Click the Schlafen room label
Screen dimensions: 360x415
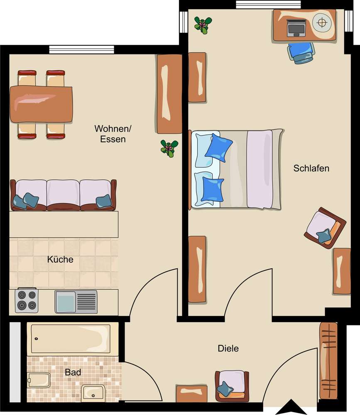(x=311, y=168)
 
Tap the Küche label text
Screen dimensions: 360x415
(x=60, y=259)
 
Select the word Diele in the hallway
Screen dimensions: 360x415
(x=228, y=348)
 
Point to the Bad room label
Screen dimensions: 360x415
(x=73, y=372)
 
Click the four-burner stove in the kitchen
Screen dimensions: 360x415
(x=27, y=300)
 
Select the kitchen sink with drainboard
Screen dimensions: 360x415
(x=76, y=302)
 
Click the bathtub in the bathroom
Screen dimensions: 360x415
(x=71, y=339)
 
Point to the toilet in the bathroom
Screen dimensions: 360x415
(x=39, y=380)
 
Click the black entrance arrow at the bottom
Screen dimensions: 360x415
(x=291, y=407)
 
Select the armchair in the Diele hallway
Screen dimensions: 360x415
(x=232, y=386)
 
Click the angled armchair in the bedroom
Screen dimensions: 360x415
(x=325, y=228)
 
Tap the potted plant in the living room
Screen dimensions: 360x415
(x=169, y=149)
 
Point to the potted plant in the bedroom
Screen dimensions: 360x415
(x=203, y=25)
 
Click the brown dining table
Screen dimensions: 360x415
(x=41, y=104)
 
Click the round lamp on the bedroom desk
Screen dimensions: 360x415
(x=322, y=23)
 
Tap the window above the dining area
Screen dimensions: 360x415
(x=81, y=49)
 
